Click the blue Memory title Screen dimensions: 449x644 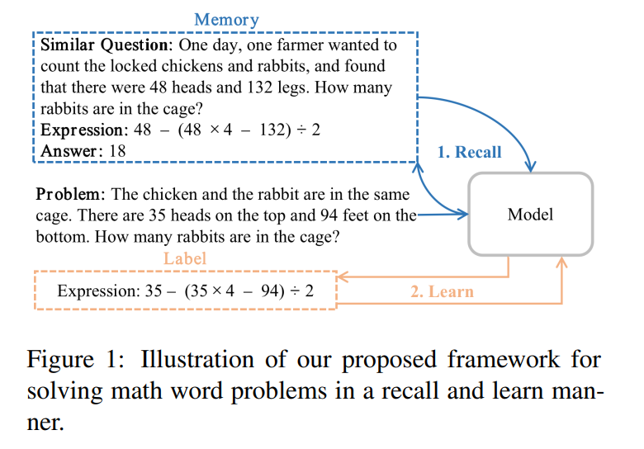coord(226,19)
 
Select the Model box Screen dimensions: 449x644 coord(530,215)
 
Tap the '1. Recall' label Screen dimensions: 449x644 coord(468,152)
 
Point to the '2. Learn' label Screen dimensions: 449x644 coord(442,291)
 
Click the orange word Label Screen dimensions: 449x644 coord(184,258)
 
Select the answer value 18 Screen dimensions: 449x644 coord(117,151)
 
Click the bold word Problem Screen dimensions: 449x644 coord(70,195)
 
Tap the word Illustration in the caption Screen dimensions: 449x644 coord(198,361)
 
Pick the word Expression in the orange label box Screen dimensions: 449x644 coord(94,291)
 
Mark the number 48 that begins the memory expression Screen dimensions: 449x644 coord(142,130)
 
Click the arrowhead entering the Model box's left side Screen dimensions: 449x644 coord(463,215)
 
